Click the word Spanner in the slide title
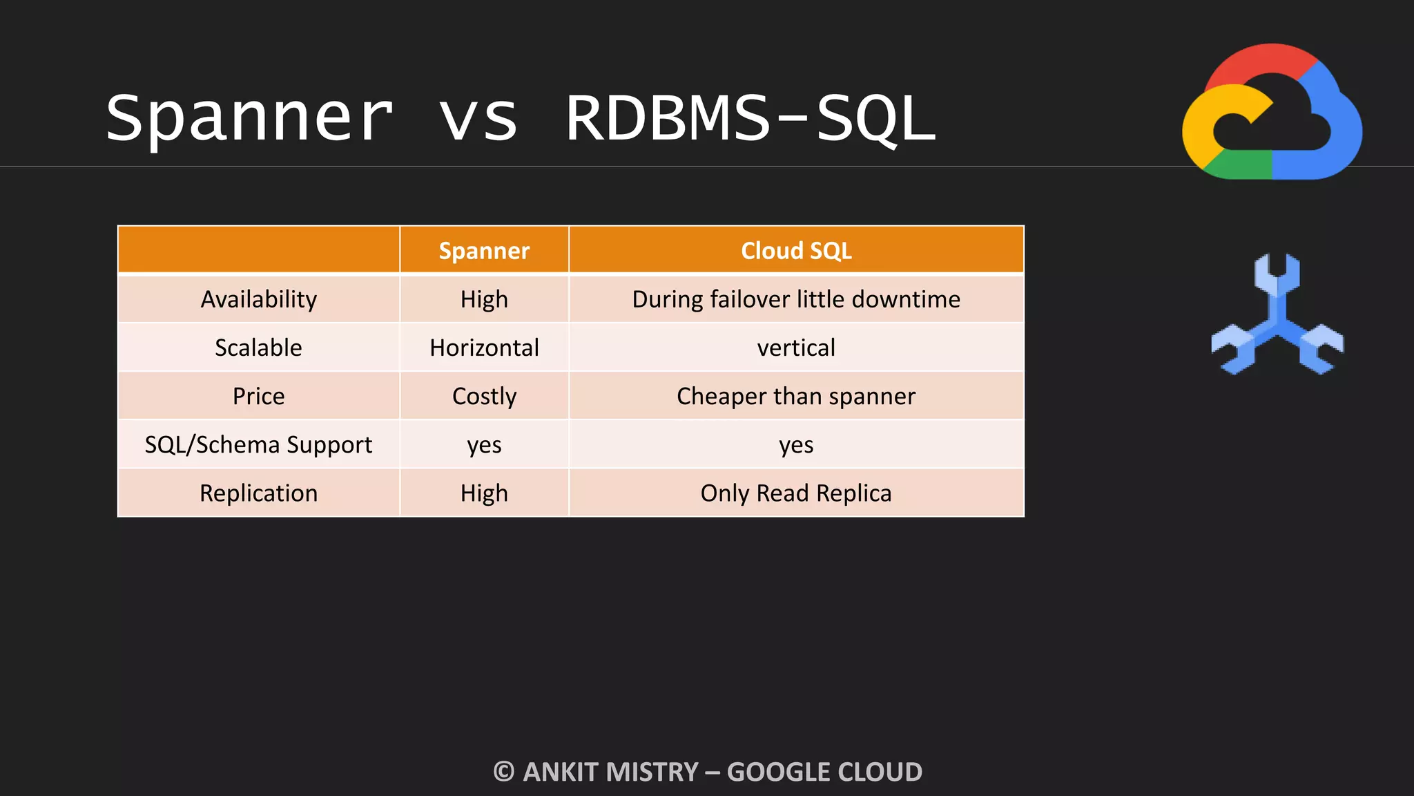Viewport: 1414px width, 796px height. pyautogui.click(x=249, y=119)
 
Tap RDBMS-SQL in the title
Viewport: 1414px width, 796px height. pyautogui.click(x=750, y=119)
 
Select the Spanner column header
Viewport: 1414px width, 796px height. pyautogui.click(x=484, y=250)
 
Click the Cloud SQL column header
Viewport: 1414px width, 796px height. pyautogui.click(x=796, y=250)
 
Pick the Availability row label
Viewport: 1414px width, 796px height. pyautogui.click(x=259, y=299)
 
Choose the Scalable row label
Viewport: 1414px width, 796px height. pyautogui.click(x=259, y=348)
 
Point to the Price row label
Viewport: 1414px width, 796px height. pyautogui.click(x=259, y=396)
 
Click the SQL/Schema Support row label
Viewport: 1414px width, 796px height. pyautogui.click(x=259, y=444)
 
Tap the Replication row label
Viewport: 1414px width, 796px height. pyautogui.click(x=259, y=493)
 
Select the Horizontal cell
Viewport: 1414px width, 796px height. pyautogui.click(x=484, y=348)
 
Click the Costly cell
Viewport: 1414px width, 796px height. pyautogui.click(x=484, y=396)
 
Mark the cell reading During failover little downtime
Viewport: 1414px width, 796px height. pyautogui.click(x=796, y=299)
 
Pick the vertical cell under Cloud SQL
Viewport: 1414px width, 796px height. pyautogui.click(x=796, y=348)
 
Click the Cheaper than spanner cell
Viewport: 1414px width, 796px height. pyautogui.click(x=796, y=396)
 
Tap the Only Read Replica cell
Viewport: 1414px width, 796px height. pyautogui.click(x=796, y=493)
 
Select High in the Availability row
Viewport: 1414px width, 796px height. pyautogui.click(x=484, y=299)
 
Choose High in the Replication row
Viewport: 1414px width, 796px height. pyautogui.click(x=484, y=493)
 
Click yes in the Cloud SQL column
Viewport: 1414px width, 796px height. pyautogui.click(x=796, y=444)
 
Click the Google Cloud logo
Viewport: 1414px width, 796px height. pyautogui.click(x=1272, y=113)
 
